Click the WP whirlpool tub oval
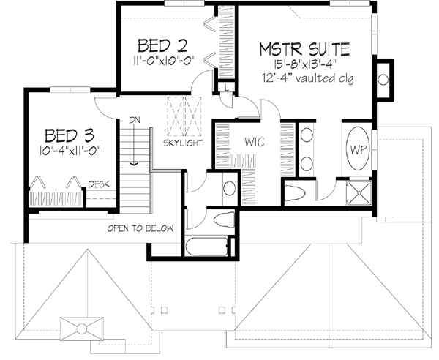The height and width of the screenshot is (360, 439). pyautogui.click(x=359, y=149)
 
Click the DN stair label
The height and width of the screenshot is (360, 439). pyautogui.click(x=135, y=120)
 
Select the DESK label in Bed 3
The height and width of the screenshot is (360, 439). pyautogui.click(x=100, y=184)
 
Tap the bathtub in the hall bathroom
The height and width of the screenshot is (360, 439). pyautogui.click(x=209, y=245)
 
